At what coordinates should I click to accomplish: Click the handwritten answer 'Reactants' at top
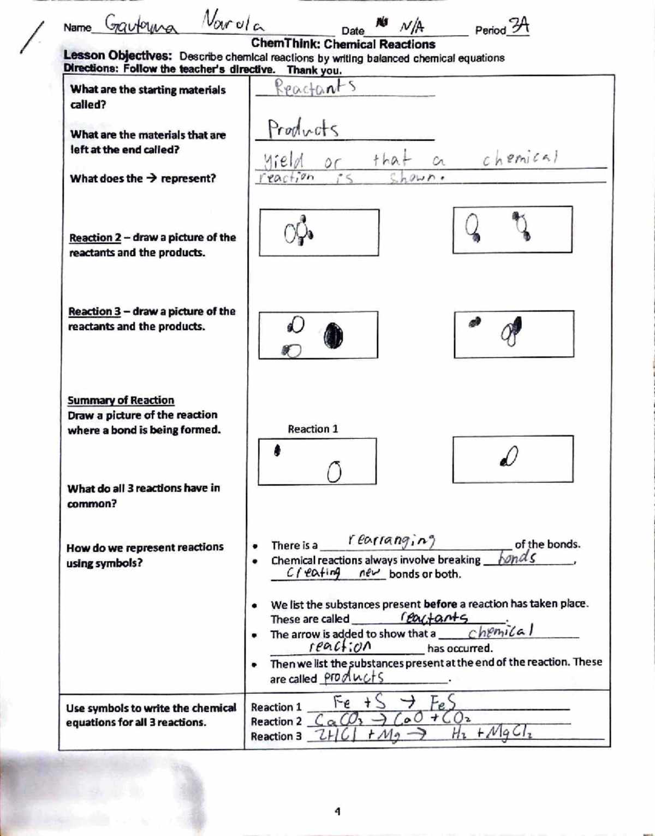point(315,87)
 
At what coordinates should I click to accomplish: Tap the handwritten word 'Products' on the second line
point(302,129)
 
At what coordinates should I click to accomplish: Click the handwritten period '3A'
point(518,26)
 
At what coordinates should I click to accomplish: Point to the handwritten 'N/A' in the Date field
point(412,26)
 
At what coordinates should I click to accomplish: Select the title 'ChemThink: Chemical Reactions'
point(343,44)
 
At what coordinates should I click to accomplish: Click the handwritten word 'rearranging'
point(391,540)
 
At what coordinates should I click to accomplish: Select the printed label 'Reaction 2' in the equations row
point(276,721)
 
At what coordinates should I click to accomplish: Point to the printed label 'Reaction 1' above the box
point(313,429)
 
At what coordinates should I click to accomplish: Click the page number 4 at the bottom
point(337,811)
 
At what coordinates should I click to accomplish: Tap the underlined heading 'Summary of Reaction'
point(121,400)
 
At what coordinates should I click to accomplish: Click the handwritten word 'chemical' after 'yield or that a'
point(520,158)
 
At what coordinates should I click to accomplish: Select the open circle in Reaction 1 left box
point(335,471)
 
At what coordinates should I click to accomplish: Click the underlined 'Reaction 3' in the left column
point(94,311)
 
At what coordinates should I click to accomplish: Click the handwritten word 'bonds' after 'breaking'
point(517,557)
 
